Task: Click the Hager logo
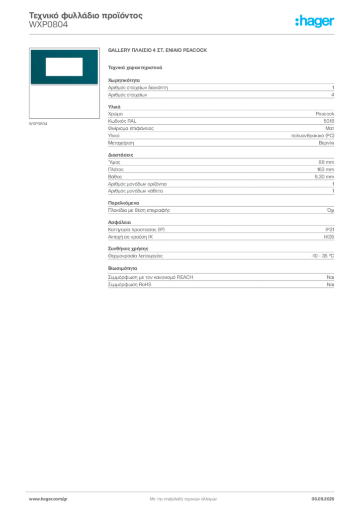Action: point(315,21)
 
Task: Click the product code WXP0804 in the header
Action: point(48,25)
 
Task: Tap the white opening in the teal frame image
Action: point(64,67)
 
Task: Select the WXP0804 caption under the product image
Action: point(38,124)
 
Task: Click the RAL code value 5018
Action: point(329,121)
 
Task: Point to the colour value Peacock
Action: point(325,114)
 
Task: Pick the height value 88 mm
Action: point(326,162)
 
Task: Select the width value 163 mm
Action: point(326,170)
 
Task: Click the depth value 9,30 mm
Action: point(324,176)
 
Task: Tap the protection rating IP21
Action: point(330,230)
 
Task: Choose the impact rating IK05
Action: point(329,237)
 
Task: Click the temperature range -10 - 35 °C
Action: point(323,256)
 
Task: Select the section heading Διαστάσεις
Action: point(120,155)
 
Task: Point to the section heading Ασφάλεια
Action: point(119,222)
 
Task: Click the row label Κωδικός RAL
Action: point(122,121)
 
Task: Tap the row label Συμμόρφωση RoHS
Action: point(129,285)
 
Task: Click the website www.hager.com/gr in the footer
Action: point(48,499)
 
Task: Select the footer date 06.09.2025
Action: point(323,499)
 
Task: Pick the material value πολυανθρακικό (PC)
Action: point(313,136)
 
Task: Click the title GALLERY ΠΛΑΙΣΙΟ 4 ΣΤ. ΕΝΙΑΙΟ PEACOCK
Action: point(158,50)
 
